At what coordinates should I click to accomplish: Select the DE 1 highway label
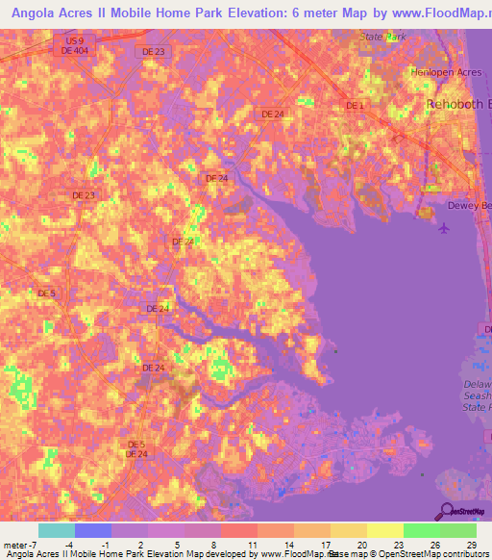click(355, 105)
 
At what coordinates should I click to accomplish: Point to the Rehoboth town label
click(458, 103)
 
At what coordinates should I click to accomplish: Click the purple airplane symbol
click(443, 228)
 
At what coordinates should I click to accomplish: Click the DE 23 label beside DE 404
click(152, 51)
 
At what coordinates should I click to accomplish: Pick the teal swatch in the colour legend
click(56, 530)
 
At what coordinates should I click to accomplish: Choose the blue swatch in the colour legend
click(92, 530)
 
